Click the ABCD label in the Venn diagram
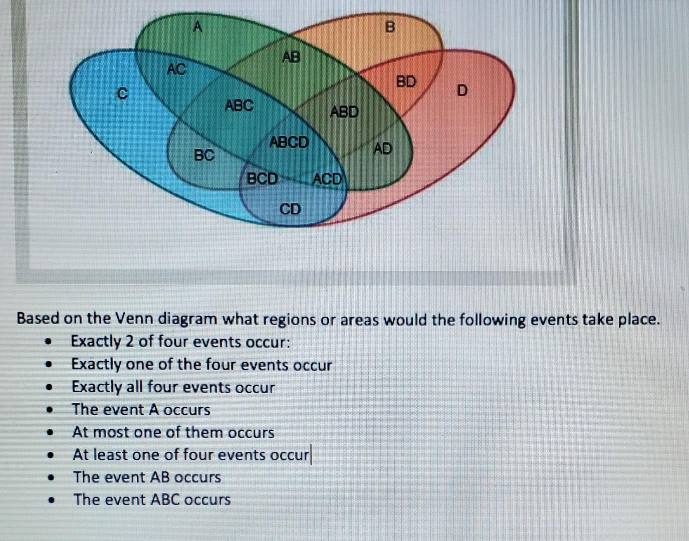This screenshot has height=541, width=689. point(289,142)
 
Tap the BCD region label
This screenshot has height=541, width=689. point(263,178)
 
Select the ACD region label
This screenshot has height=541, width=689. point(327,179)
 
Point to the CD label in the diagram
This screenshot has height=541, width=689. point(290,208)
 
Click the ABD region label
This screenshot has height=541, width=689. point(344,111)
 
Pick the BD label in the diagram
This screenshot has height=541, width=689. point(406,81)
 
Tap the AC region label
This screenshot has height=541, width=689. point(176,69)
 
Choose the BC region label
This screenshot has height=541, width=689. point(204,155)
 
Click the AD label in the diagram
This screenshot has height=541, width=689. point(383,148)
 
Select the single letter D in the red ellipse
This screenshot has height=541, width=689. point(462,91)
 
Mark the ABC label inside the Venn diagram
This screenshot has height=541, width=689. point(239,106)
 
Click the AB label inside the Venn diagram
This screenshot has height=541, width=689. point(291,57)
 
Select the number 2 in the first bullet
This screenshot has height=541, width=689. point(129,342)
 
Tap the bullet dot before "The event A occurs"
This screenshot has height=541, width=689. point(49,410)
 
